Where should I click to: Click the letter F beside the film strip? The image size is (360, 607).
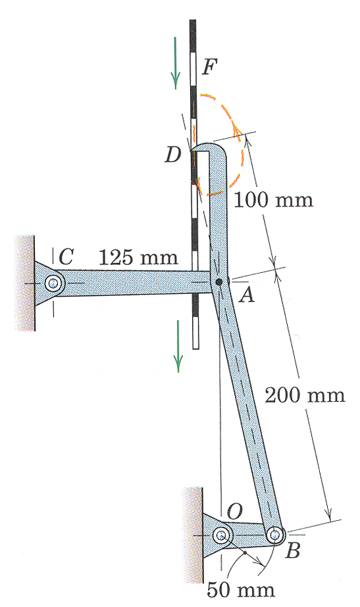(211, 66)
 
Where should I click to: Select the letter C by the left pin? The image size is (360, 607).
(66, 256)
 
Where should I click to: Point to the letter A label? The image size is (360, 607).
(246, 296)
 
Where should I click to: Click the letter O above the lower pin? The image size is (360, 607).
(234, 512)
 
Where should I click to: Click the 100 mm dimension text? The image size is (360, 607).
(274, 200)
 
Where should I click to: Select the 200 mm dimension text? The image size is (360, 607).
(305, 395)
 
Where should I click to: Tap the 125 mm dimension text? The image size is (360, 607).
(138, 256)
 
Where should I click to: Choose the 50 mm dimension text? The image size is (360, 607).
(241, 590)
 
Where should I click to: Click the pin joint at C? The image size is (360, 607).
(53, 283)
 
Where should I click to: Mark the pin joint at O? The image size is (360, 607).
(222, 535)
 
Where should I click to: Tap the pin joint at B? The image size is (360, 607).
(276, 535)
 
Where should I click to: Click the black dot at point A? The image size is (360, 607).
(219, 282)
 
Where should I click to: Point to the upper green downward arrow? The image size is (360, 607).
(176, 62)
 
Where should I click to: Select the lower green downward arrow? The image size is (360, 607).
(178, 346)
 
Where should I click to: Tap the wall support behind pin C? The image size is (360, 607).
(24, 283)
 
